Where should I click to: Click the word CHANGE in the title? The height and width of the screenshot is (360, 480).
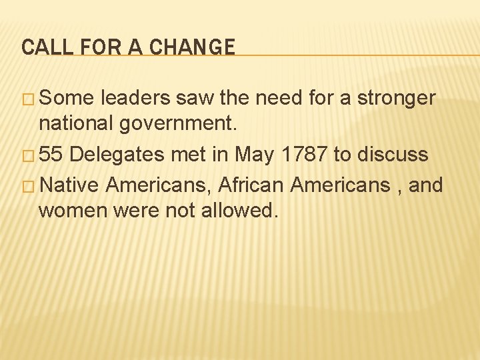(x=192, y=47)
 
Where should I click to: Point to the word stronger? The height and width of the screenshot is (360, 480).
(x=397, y=99)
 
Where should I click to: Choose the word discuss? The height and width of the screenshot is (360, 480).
(x=389, y=155)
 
